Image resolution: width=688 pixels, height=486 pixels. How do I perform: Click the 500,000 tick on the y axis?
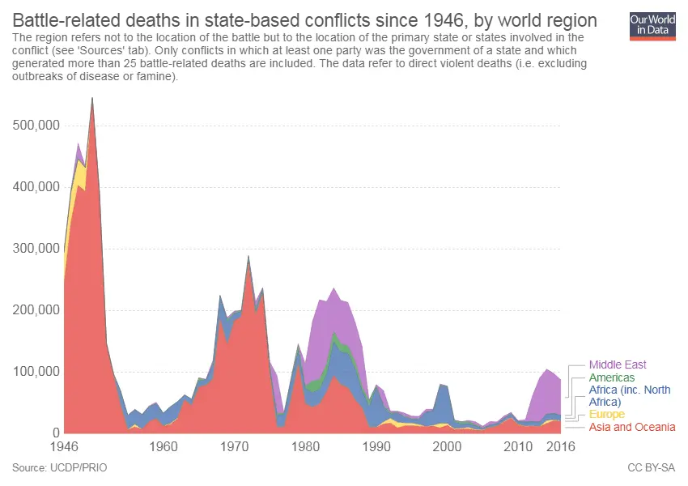34,126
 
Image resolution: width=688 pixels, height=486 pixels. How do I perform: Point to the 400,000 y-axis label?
34,187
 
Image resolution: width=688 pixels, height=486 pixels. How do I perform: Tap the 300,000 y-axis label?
34,249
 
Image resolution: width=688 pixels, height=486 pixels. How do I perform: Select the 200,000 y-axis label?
34,310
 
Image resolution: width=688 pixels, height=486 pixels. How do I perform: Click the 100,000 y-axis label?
34,372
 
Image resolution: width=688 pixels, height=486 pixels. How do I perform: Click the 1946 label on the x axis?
64,446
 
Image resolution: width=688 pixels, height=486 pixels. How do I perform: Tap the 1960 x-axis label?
164,446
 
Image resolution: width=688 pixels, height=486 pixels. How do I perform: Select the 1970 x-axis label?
235,446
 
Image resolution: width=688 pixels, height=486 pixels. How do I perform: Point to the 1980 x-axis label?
305,446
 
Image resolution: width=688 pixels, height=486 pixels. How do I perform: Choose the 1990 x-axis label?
376,446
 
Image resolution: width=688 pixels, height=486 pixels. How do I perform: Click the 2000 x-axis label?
448,446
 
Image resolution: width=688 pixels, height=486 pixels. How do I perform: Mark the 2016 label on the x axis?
559,446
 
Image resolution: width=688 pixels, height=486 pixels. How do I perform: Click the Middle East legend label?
618,364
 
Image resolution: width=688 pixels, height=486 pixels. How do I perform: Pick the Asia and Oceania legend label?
631,427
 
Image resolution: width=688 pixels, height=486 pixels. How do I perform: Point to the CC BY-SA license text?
651,467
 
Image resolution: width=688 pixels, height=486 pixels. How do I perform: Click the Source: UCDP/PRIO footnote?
60,467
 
